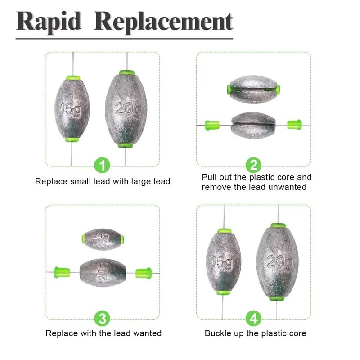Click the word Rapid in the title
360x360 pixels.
(49, 22)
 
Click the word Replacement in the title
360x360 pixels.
(164, 22)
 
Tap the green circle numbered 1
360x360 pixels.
(103, 166)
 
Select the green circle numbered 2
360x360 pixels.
(253, 166)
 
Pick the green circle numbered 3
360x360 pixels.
(103, 319)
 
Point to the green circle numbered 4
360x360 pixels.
(253, 319)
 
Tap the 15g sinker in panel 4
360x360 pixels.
(223, 261)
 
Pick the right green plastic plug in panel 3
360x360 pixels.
(144, 272)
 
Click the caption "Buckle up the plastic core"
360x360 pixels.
(255, 333)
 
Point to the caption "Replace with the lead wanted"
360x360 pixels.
(103, 333)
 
